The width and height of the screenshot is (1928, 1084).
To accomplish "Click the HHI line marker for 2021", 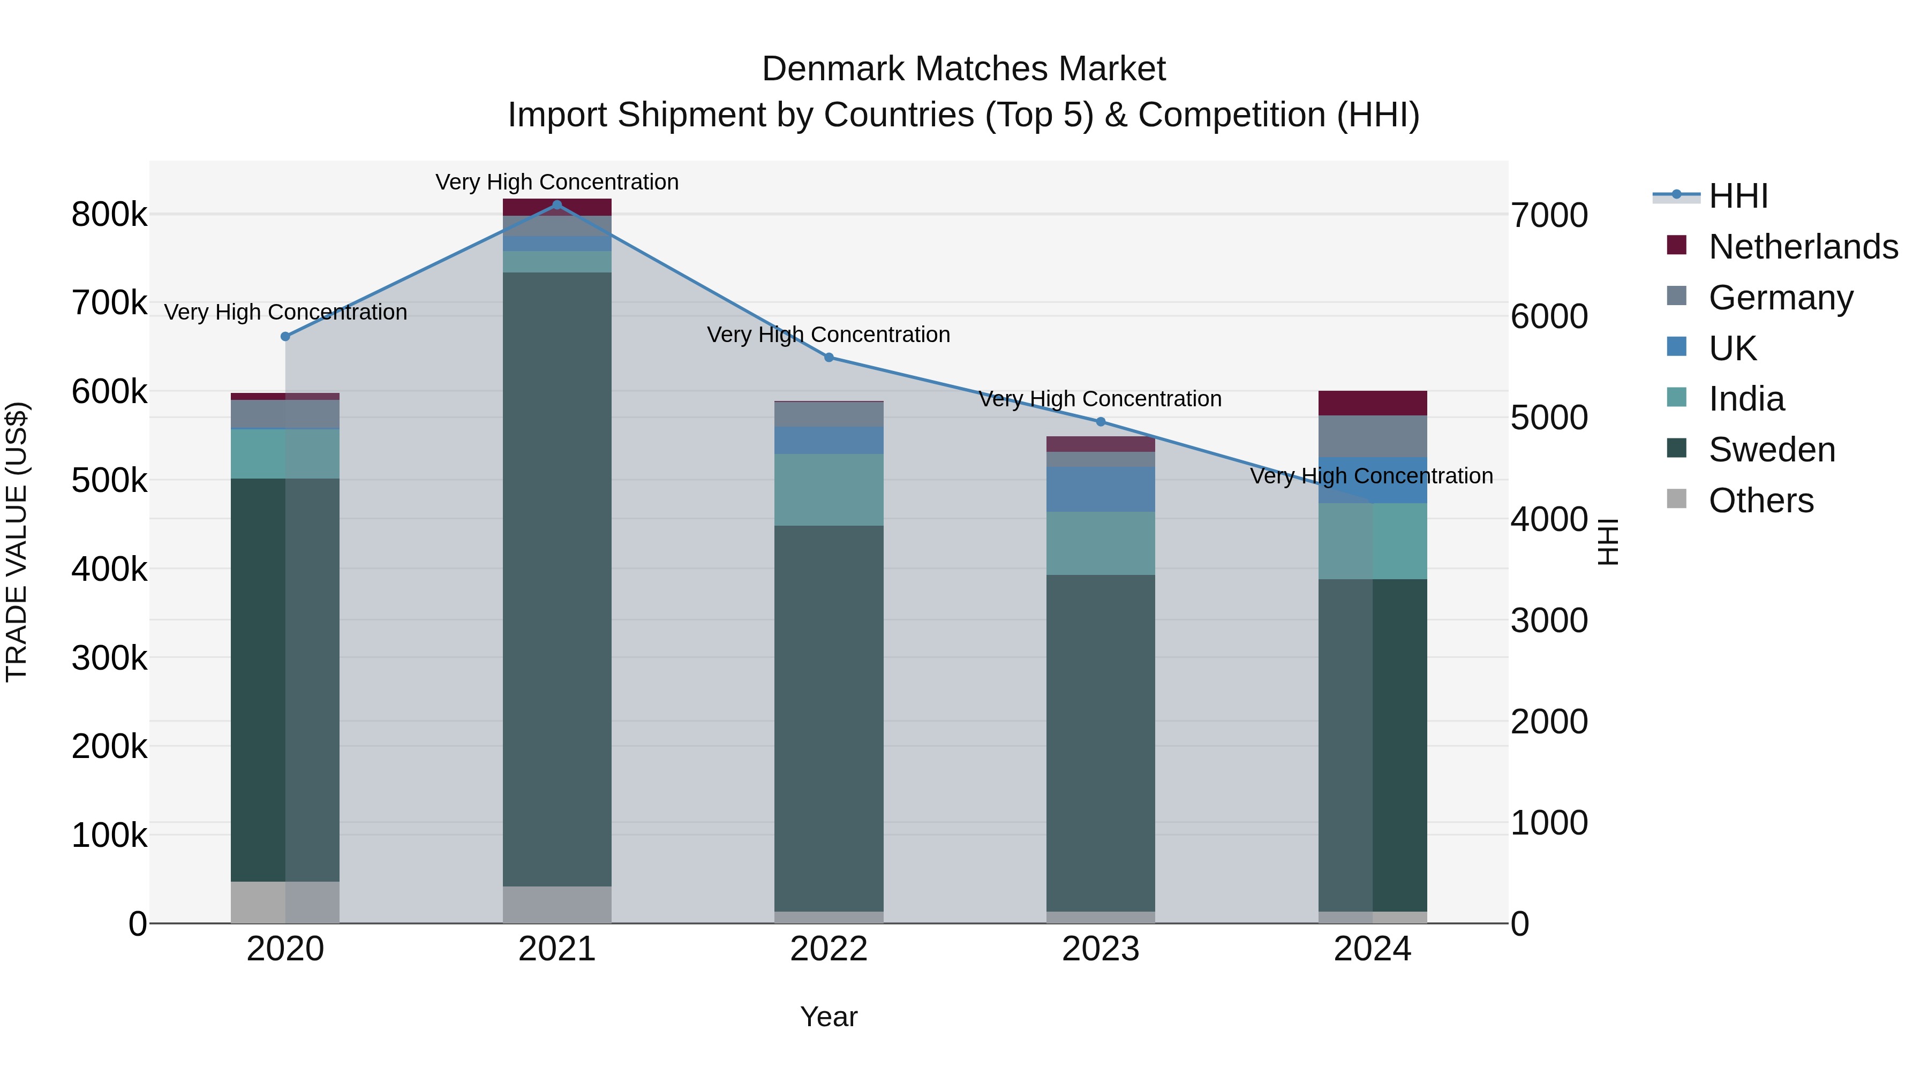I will click(x=557, y=205).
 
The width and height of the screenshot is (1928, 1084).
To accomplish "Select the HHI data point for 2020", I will click(x=285, y=337).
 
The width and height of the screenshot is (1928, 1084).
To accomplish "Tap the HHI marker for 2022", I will click(x=829, y=358).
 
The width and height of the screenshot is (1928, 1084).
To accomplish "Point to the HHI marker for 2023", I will click(x=1100, y=422).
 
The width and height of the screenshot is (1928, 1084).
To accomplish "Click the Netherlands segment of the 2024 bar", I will click(x=1372, y=403).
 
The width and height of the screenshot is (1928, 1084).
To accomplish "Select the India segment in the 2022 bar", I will click(x=829, y=489).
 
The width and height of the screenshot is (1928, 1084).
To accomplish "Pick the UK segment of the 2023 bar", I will click(x=1100, y=489).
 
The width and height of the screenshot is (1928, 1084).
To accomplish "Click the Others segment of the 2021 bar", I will click(x=557, y=905).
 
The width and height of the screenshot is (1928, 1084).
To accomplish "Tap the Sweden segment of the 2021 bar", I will click(x=557, y=579).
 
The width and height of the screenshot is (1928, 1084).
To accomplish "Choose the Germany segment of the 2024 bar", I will click(x=1372, y=436).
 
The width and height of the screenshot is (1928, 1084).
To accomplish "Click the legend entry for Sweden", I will click(x=1771, y=450).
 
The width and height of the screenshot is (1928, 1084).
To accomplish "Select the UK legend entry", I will click(x=1732, y=348).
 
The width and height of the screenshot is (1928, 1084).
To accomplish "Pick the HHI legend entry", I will click(x=1738, y=196).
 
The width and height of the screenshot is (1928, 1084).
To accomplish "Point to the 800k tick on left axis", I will click(x=109, y=215).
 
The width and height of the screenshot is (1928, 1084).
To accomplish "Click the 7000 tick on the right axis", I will click(x=1548, y=215).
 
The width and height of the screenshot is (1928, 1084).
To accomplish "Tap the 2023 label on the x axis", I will click(x=1100, y=949).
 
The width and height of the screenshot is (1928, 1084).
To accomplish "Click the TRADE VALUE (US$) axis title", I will click(x=17, y=542).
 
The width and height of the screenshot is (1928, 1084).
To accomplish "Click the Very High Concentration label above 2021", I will click(x=557, y=183).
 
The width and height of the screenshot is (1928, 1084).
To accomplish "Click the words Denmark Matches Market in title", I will click(x=963, y=69).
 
